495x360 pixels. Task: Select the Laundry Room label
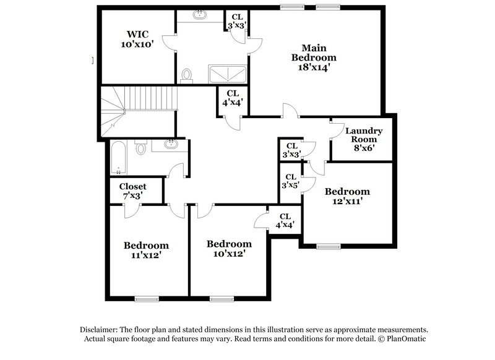click(363, 135)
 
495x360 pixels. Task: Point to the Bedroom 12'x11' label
click(347, 196)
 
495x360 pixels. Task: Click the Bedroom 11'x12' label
click(145, 250)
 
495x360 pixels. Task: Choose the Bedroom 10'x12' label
click(229, 248)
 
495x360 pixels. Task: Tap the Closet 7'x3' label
click(132, 190)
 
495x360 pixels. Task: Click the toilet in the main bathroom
click(187, 75)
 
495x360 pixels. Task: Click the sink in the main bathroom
click(202, 15)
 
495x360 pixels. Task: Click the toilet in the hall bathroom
click(140, 148)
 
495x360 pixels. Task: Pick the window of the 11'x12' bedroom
click(144, 299)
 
